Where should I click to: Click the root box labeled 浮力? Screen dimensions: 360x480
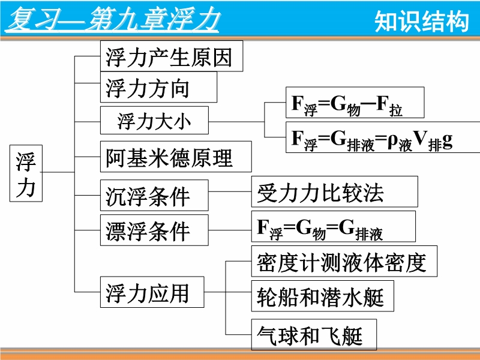[x=26, y=174]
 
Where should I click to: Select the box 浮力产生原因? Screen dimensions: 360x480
[x=171, y=56]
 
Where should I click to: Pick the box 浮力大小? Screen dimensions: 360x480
[x=154, y=121]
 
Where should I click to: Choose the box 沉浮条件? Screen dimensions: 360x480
[x=154, y=196]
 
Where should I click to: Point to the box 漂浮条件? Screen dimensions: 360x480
[x=154, y=230]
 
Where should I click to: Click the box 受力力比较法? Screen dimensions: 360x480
[x=334, y=192]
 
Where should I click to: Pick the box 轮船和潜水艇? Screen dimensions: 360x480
[x=322, y=296]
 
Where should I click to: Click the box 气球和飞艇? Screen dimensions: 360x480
[x=314, y=335]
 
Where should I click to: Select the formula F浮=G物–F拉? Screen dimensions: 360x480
[x=354, y=103]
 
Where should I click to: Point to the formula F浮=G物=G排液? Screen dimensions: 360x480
[x=333, y=227]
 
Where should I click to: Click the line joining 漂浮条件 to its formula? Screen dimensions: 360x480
[x=230, y=227]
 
